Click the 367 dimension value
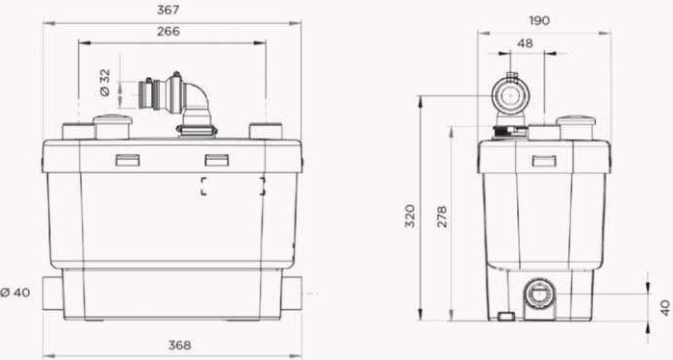pyautogui.click(x=168, y=11)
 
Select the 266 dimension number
pyautogui.click(x=168, y=32)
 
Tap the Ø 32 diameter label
pyautogui.click(x=105, y=83)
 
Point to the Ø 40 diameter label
pyautogui.click(x=15, y=293)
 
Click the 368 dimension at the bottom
pyautogui.click(x=179, y=345)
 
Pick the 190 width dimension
pyautogui.click(x=539, y=20)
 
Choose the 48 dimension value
pyautogui.click(x=525, y=43)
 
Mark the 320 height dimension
pyautogui.click(x=410, y=216)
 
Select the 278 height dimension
pyautogui.click(x=442, y=217)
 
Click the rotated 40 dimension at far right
pyautogui.click(x=665, y=308)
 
